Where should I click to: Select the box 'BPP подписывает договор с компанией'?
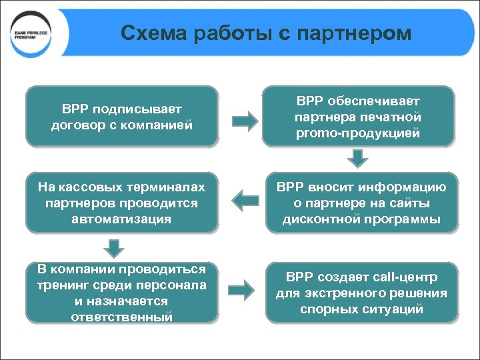tap(121, 116)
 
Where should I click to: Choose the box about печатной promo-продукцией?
tap(358, 117)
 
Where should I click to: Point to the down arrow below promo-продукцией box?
tap(359, 159)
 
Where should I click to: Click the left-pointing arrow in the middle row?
tap(245, 198)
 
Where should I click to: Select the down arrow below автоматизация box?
tap(116, 248)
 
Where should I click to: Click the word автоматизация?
tap(122, 218)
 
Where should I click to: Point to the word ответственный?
tap(122, 317)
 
